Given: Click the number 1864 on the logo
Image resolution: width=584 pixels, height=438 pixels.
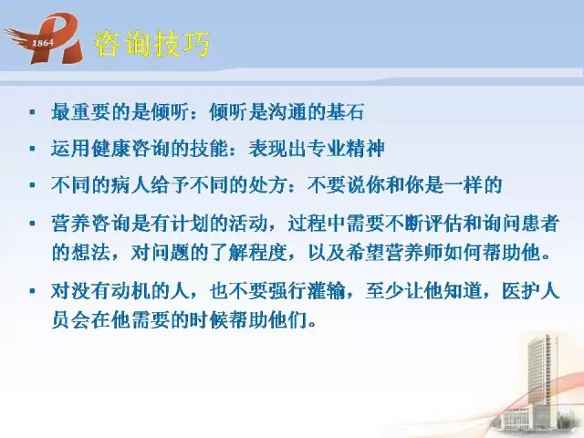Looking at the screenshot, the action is point(43,43).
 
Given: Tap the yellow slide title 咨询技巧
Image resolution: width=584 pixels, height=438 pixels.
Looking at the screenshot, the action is point(152,44).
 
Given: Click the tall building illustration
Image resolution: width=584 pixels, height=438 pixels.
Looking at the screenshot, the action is point(539,383).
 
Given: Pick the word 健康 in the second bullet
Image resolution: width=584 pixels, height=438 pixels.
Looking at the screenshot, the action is point(110,149).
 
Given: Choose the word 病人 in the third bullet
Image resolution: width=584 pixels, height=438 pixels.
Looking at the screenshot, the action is point(130,185).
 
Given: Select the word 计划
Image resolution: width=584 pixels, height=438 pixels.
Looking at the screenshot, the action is point(189,224).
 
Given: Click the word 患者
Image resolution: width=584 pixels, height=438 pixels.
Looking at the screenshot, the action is point(539,224).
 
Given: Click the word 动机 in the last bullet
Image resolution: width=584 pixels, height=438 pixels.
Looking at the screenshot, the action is point(130,291).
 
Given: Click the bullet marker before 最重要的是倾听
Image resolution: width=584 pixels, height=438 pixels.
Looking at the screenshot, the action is point(33,112).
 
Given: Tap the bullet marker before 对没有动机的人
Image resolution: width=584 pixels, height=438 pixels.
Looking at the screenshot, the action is point(33,291).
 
